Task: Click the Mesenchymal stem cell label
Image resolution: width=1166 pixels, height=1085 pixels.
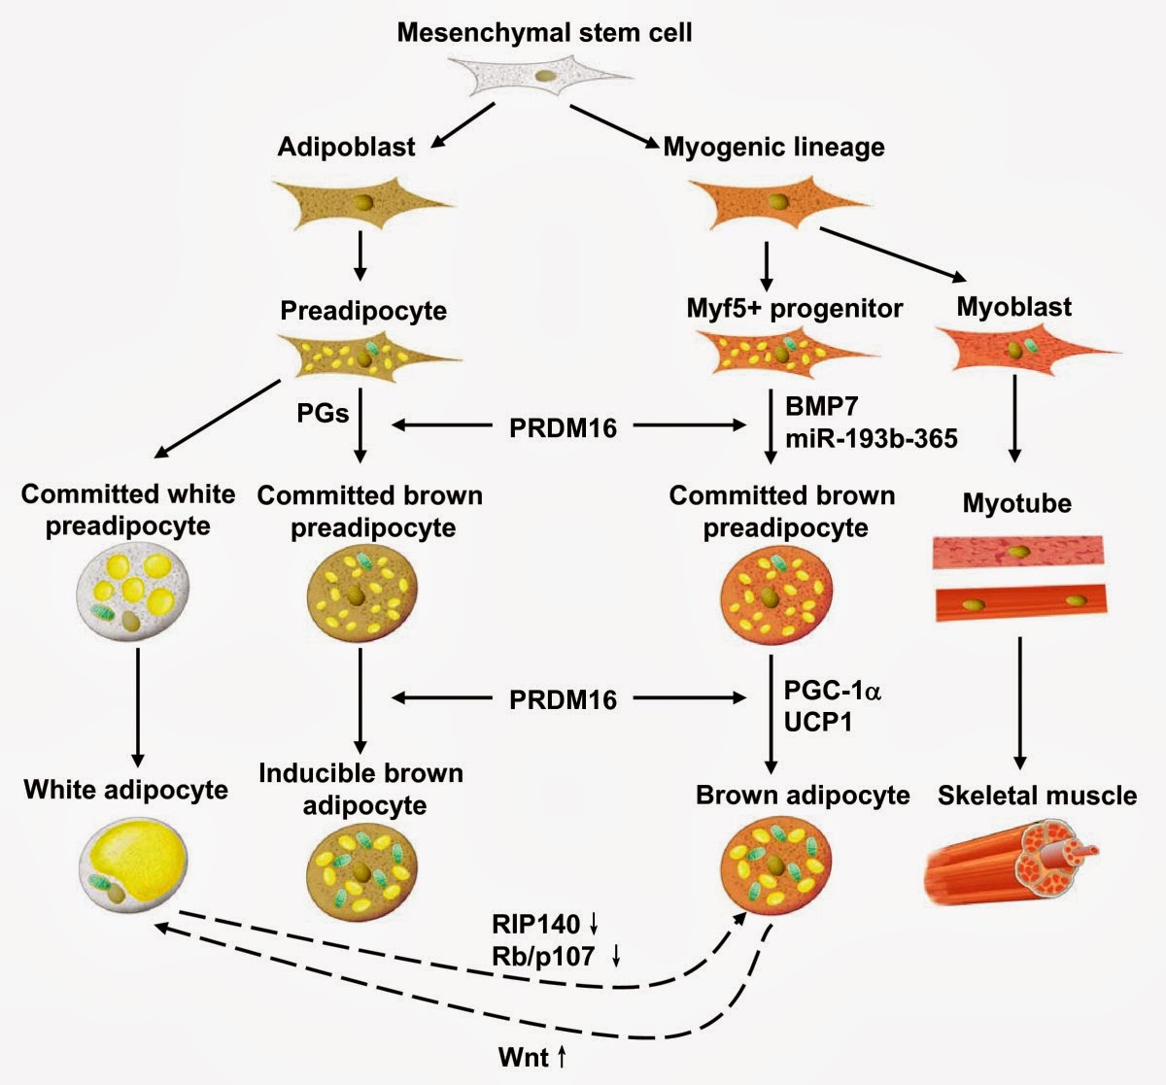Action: [x=544, y=32]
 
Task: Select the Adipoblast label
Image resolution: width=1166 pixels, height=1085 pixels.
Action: [x=346, y=147]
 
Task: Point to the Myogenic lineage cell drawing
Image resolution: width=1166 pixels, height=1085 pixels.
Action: [x=777, y=202]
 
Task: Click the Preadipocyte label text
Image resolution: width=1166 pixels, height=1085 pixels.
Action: [x=363, y=311]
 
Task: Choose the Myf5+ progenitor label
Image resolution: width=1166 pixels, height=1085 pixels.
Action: [x=794, y=309]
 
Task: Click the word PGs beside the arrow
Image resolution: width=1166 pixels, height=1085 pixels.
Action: [x=323, y=414]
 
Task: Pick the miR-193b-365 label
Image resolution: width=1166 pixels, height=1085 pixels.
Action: [x=871, y=438]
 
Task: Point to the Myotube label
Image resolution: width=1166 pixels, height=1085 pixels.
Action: [x=1017, y=504]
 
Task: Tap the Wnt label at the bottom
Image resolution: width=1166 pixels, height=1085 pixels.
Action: [x=524, y=1057]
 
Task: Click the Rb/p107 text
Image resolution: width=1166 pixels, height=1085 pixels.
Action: [x=543, y=956]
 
